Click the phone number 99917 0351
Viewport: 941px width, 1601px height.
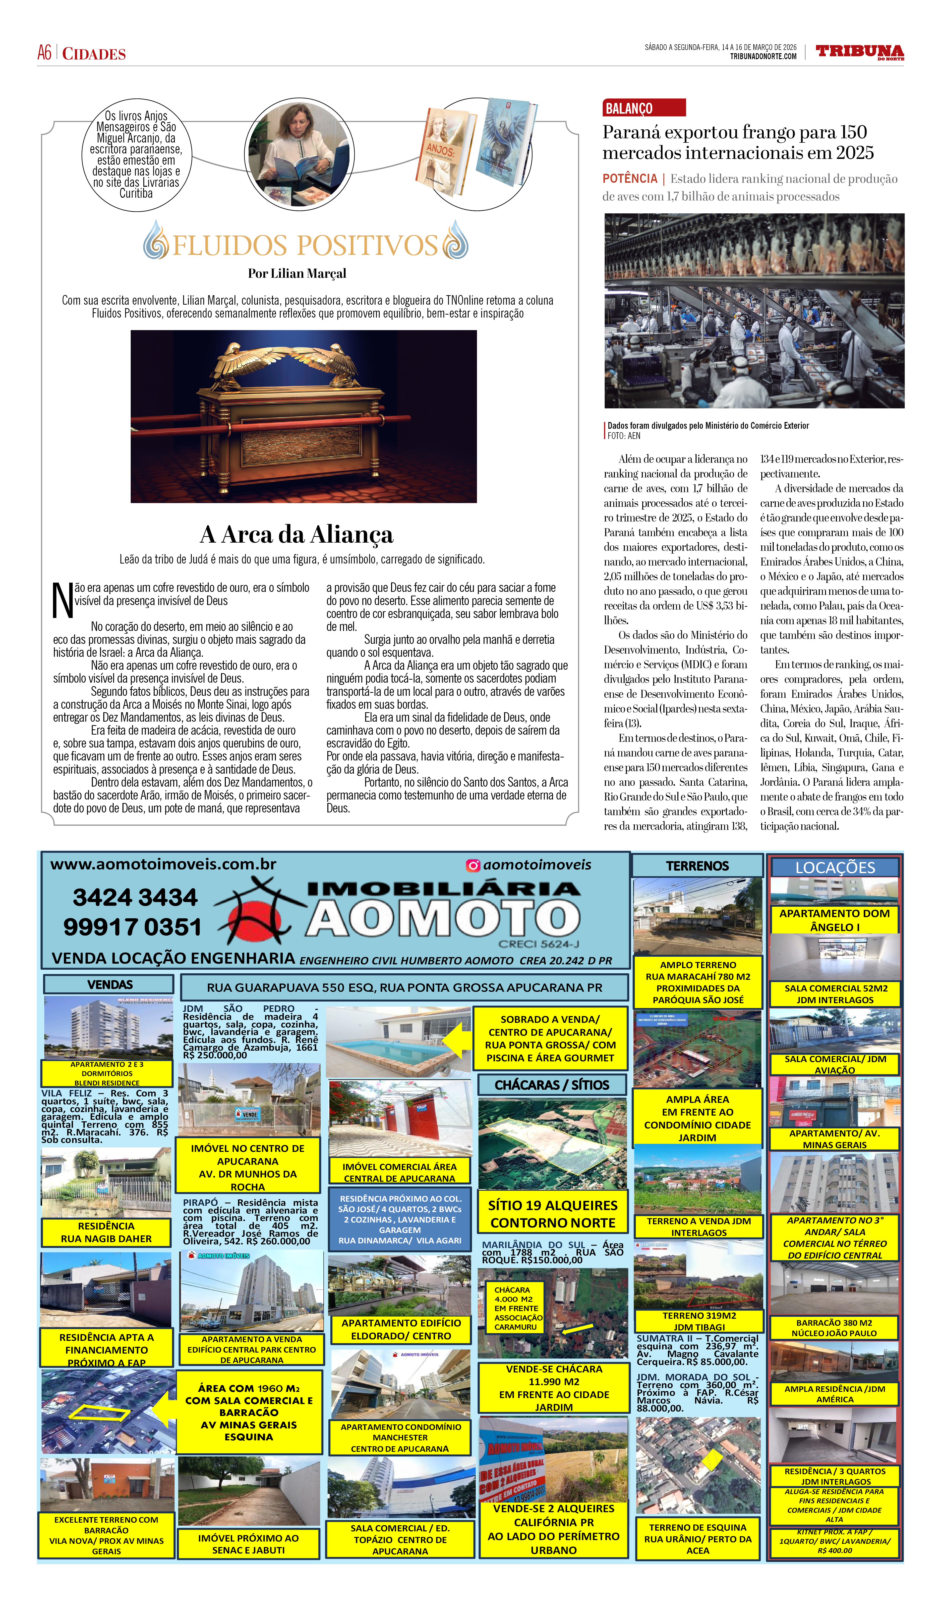tap(132, 927)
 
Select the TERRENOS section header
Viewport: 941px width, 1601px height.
tap(698, 866)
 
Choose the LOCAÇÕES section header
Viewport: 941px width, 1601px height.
tap(835, 867)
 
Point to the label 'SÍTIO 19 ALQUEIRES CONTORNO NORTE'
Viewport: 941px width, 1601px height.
tap(552, 1214)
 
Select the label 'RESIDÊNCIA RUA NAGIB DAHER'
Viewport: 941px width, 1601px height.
tap(106, 1232)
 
